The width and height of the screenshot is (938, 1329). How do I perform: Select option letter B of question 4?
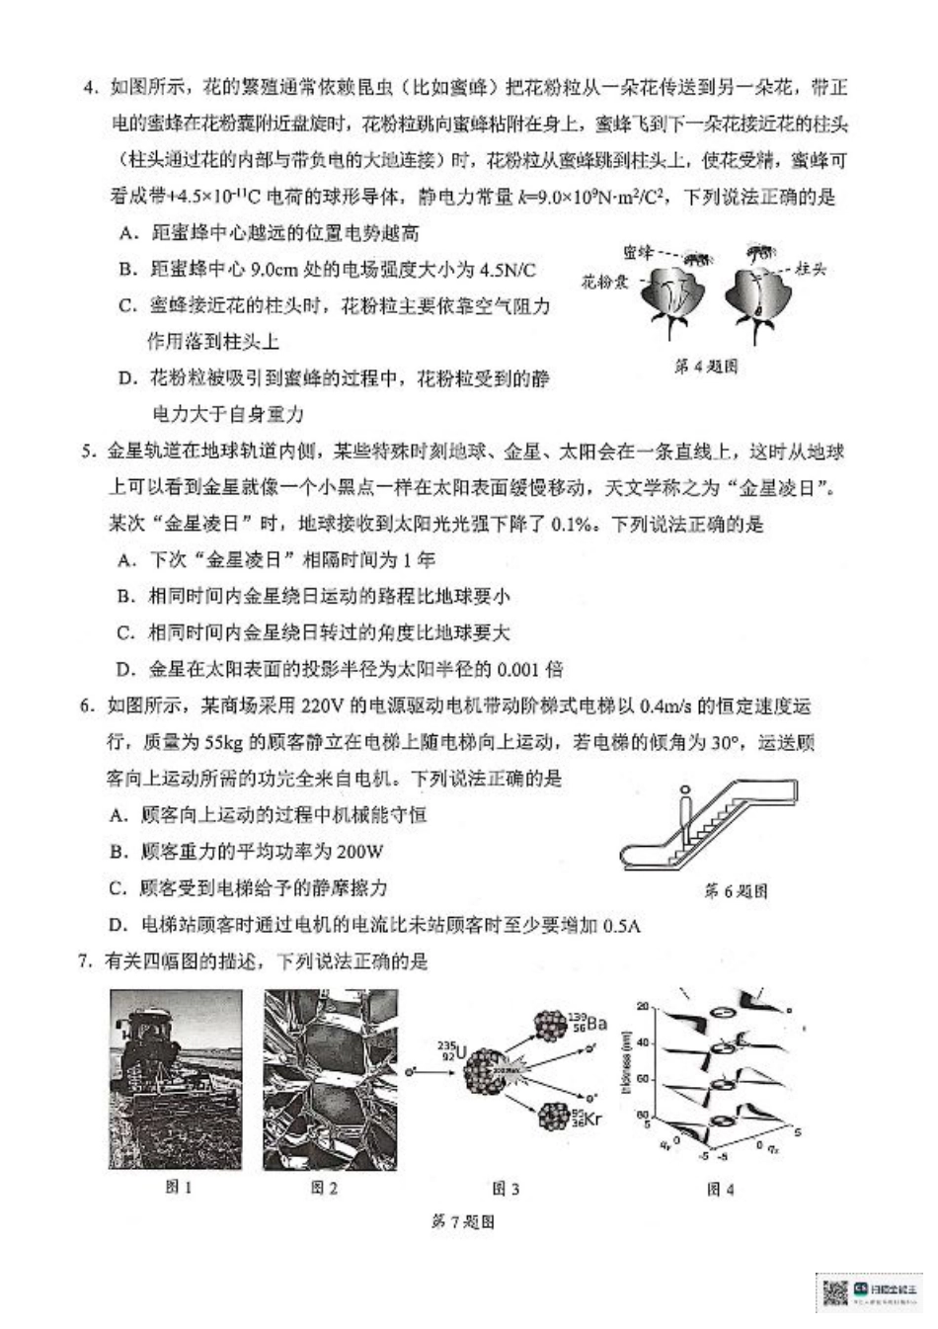(125, 270)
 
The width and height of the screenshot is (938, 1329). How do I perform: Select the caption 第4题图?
(705, 367)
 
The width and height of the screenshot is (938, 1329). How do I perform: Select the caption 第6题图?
(736, 891)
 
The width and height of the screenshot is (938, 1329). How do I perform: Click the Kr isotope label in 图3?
(586, 1120)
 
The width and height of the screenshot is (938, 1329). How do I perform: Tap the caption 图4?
(720, 1190)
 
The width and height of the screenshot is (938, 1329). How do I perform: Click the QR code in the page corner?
(836, 1291)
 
